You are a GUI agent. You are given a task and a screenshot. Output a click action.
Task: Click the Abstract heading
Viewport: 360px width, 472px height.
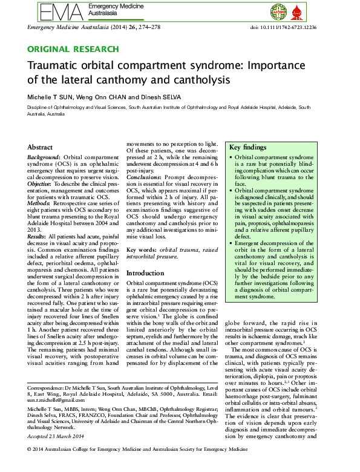pos(41,147)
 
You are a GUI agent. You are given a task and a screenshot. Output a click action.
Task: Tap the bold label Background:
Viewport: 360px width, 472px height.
pos(45,156)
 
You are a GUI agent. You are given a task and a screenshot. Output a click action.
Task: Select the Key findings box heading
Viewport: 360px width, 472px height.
pos(247,147)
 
